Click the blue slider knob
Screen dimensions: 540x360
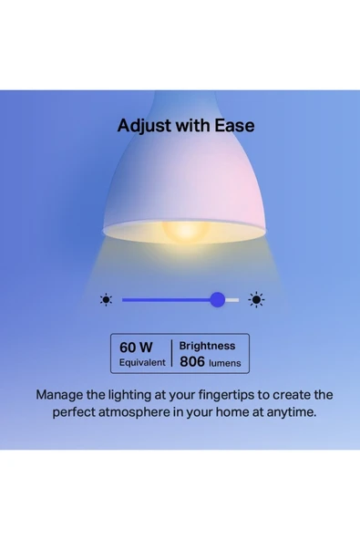pos(217,299)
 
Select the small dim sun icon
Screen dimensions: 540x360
pos(106,299)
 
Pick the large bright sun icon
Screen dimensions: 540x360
pos(257,299)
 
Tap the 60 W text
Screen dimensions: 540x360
pos(135,347)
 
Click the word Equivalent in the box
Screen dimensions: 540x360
pos(142,362)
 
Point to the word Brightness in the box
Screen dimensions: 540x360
pos(207,346)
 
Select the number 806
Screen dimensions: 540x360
pos(192,361)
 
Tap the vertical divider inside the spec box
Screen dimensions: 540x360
pos(171,354)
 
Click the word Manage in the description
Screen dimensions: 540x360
pos(60,395)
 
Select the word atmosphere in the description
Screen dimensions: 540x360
pos(137,412)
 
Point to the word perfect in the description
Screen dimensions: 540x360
pos(75,412)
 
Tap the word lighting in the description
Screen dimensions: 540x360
pos(131,395)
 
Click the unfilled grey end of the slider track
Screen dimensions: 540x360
pos(233,299)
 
